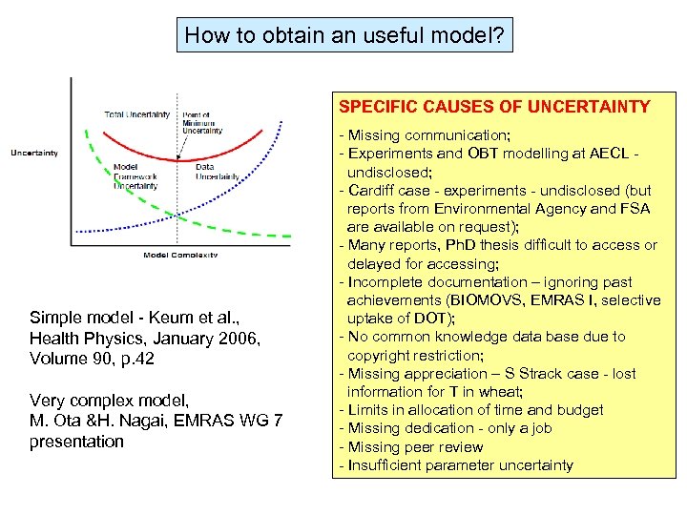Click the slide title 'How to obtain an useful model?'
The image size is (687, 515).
tap(344, 36)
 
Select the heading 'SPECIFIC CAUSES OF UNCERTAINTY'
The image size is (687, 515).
tap(494, 107)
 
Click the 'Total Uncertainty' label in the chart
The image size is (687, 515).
tap(136, 115)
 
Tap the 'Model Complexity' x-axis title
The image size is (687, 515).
tap(180, 255)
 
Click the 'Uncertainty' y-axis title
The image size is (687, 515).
tap(34, 153)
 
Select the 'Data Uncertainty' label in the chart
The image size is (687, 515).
tap(217, 171)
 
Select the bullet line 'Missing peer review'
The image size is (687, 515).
tap(414, 447)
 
